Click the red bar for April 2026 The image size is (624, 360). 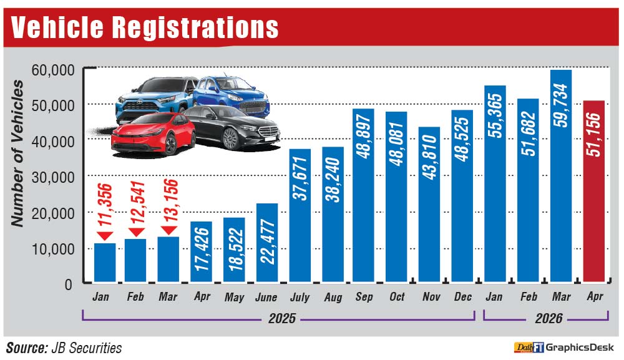coord(594,192)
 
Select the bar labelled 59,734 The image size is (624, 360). coord(561,176)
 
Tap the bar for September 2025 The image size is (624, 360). coord(363,195)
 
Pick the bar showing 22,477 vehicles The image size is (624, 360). coord(267,243)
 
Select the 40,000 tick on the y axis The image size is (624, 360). coord(53,141)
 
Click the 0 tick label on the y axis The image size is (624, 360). coord(69,285)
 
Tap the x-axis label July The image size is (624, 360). coord(300,297)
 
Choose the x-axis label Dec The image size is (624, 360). coord(463,297)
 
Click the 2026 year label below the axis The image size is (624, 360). coord(548,318)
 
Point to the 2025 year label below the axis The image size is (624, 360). coord(282,318)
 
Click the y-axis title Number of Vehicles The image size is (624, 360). coord(17,153)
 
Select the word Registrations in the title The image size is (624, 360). coord(195,27)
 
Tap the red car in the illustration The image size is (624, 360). coord(154,134)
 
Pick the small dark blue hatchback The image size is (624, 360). coord(232,95)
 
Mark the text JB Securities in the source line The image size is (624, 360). coord(86,348)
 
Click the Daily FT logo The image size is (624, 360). coord(529,348)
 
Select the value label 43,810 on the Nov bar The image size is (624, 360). coord(429,157)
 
